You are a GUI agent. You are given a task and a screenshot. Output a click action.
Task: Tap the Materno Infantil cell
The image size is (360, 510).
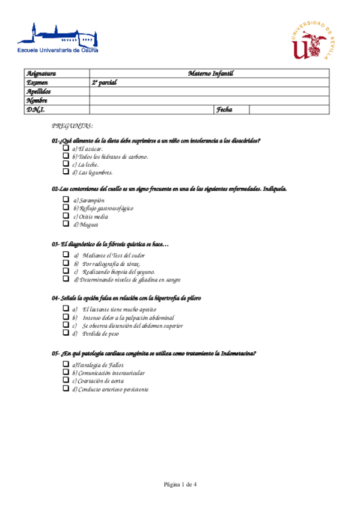tap(210, 73)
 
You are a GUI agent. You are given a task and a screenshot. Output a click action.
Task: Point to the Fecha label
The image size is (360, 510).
tap(224, 109)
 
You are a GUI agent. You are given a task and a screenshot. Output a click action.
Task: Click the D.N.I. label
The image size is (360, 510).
tap(35, 109)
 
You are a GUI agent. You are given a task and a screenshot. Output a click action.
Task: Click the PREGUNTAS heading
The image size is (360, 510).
tap(72, 126)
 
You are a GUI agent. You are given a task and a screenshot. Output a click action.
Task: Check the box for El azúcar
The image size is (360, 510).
tap(66, 148)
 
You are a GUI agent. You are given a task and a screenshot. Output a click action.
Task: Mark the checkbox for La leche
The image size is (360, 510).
tap(66, 164)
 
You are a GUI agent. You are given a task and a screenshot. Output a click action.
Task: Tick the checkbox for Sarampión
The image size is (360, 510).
tap(66, 200)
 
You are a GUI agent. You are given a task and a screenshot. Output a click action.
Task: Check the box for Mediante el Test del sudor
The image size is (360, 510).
tap(66, 255)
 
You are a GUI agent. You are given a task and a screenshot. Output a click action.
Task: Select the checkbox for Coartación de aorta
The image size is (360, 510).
tap(66, 380)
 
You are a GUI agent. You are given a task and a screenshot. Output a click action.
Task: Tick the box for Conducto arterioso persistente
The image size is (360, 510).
tap(66, 389)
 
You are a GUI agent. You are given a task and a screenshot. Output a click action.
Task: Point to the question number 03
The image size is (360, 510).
tap(55, 244)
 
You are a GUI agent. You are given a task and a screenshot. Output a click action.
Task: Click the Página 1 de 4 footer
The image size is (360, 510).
tap(180, 484)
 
